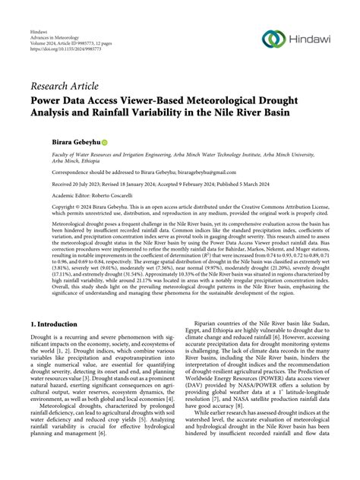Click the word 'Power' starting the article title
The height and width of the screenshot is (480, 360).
click(x=49, y=98)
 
